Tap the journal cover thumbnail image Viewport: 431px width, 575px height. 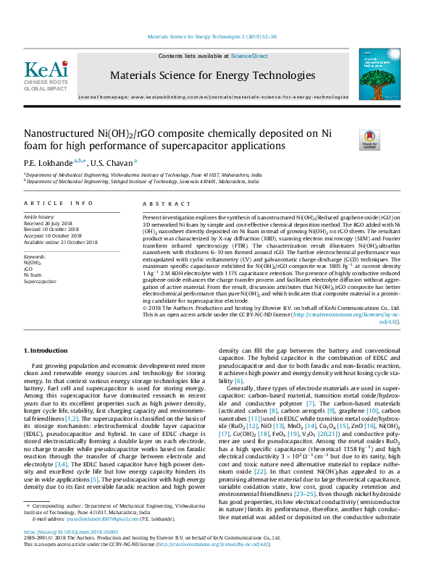coord(374,75)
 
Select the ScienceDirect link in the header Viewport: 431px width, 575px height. coord(249,56)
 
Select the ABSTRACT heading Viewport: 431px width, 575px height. coord(162,204)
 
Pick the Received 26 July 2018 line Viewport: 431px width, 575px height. coord(51,223)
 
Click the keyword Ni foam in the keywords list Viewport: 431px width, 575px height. coord(33,274)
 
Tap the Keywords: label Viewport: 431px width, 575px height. coord(35,256)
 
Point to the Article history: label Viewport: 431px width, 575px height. coord(41,217)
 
